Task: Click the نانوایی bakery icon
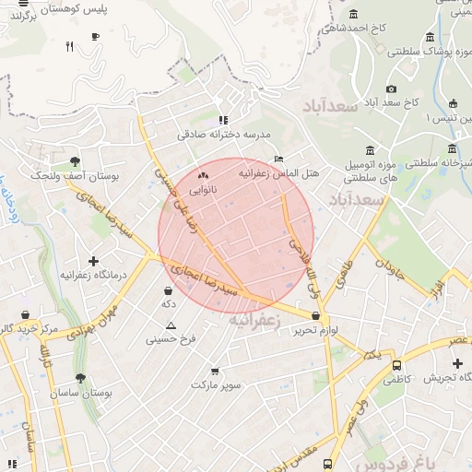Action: point(204,174)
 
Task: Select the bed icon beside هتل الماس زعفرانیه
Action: point(279,159)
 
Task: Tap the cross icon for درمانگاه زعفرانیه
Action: point(93,261)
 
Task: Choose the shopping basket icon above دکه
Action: point(168,290)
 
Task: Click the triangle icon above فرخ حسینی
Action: point(171,325)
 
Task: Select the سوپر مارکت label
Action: point(216,383)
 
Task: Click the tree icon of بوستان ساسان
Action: point(80,378)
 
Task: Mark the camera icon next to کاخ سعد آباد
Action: point(391,88)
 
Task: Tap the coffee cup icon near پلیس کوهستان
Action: point(95,37)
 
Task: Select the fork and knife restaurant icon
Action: point(70,45)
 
